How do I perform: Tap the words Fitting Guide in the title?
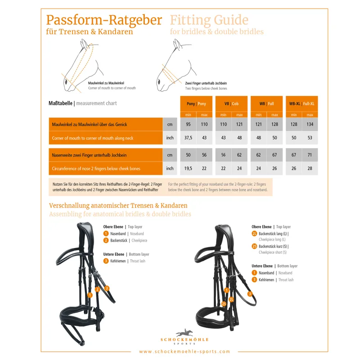[x=209, y=20]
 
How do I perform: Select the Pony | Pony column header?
[x=196, y=103]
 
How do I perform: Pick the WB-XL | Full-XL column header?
[x=301, y=103]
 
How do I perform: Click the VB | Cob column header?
[x=231, y=103]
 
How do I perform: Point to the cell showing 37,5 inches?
[x=188, y=138]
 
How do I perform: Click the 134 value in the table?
[x=310, y=124]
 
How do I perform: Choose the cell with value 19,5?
[x=188, y=168]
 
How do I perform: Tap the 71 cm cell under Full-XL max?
[x=310, y=155]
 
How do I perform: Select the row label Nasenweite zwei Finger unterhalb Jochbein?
[x=89, y=155]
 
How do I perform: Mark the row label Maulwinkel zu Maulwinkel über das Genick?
[x=90, y=124]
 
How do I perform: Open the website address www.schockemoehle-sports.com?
[x=184, y=351]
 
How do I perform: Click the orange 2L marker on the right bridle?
[x=231, y=299]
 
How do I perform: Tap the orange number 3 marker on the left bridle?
[x=107, y=288]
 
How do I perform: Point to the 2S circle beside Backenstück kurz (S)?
[x=254, y=247]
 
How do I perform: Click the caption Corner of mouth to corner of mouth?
[x=112, y=88]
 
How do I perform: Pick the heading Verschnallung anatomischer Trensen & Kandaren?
[x=118, y=205]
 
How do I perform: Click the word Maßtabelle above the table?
[x=61, y=103]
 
